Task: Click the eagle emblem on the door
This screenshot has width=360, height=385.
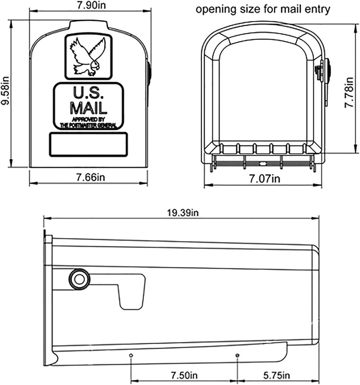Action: [x=88, y=56]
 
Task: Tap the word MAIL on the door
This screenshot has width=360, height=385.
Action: [x=88, y=107]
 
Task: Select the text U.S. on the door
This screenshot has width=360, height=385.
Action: [x=88, y=93]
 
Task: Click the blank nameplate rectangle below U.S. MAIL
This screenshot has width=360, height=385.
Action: [x=88, y=144]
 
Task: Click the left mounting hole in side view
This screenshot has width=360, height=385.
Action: [x=131, y=355]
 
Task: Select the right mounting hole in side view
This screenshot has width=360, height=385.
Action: [x=237, y=355]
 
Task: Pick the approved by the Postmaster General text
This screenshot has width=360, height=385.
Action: [x=88, y=122]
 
